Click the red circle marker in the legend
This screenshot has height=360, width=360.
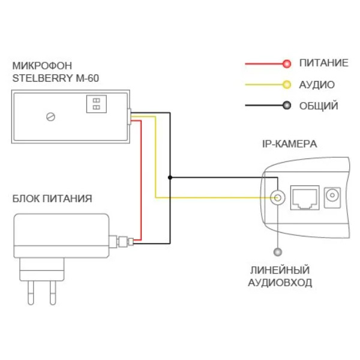tap(287, 63)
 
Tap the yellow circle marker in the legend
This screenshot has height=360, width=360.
tap(287, 85)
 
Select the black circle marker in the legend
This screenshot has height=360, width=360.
tap(287, 106)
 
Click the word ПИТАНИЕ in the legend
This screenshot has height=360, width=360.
tap(323, 63)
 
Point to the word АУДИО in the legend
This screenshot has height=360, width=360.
tap(317, 85)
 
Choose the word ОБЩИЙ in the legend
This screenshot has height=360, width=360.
tap(319, 106)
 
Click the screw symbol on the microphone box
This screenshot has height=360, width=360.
tap(50, 117)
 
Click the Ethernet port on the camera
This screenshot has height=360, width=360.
tap(304, 197)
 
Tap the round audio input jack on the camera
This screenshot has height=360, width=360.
tap(277, 197)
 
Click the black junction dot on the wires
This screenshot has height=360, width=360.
tap(170, 178)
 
